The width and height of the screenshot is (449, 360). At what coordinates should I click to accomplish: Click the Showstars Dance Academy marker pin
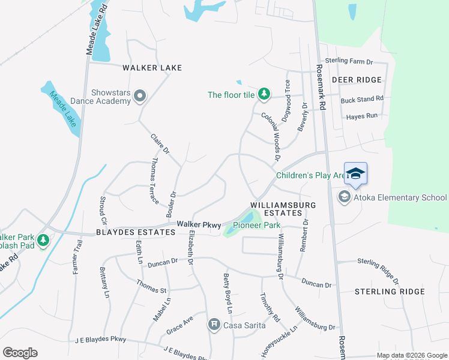140,95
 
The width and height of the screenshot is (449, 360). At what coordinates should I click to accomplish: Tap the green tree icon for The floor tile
264,94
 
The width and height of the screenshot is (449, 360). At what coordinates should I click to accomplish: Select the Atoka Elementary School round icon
345,197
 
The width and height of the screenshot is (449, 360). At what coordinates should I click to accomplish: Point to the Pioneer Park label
257,226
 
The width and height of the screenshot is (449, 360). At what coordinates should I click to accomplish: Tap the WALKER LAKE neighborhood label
152,68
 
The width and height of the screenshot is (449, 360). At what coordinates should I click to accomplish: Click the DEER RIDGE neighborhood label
357,80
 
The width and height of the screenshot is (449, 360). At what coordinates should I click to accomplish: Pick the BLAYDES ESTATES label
125,232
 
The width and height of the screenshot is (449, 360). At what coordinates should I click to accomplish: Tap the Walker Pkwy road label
199,224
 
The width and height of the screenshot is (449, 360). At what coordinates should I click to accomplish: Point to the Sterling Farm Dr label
349,61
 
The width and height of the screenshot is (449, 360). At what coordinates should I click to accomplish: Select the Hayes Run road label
362,116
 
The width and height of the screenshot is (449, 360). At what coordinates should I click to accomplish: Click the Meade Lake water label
62,108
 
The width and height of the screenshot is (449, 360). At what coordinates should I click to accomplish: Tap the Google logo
20,353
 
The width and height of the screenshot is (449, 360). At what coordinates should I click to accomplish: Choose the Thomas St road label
151,286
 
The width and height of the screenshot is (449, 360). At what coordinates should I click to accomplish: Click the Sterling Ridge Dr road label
378,269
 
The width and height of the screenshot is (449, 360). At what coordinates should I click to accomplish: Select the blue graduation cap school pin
355,173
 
